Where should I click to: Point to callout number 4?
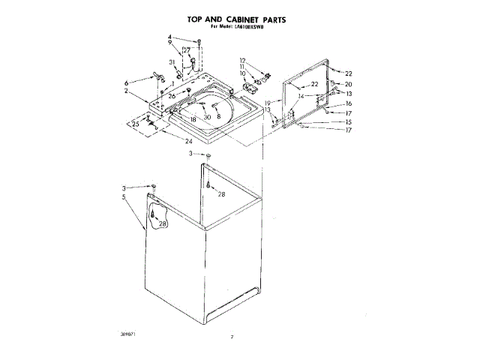(x=169, y=37)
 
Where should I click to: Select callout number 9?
(x=169, y=43)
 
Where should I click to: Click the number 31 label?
(x=172, y=61)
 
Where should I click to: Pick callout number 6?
(x=127, y=82)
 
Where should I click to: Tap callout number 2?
(x=127, y=91)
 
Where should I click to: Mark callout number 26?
(x=172, y=96)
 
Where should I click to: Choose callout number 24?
(x=189, y=140)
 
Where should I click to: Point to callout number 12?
(x=242, y=60)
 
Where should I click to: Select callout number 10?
(x=242, y=73)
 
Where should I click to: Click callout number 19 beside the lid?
(x=267, y=102)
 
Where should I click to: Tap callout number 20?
(x=348, y=84)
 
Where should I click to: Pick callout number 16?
(x=348, y=103)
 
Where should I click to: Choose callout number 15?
(x=348, y=121)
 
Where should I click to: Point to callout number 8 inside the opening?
(x=218, y=118)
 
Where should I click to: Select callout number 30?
(x=207, y=118)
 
